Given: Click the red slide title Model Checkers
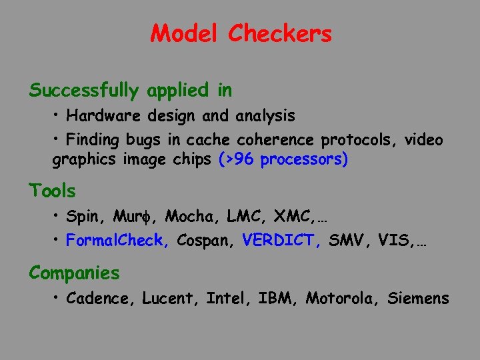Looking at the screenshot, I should click(241, 33).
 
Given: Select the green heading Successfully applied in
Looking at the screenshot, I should click(130, 90).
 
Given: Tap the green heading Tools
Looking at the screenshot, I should click(52, 191).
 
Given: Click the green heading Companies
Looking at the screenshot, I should click(74, 273).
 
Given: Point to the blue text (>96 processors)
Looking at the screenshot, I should click(283, 160).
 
